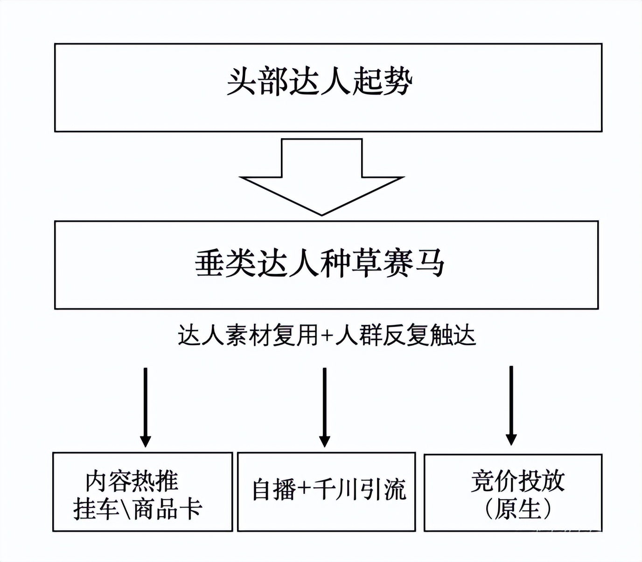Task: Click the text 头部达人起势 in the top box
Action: click(x=320, y=83)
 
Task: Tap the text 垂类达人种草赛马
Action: click(x=320, y=264)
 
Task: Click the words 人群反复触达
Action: click(x=405, y=336)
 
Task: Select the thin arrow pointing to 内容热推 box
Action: click(x=145, y=406)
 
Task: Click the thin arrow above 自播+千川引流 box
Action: click(x=325, y=406)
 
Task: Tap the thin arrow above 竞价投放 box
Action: click(x=511, y=405)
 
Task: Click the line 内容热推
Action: click(x=132, y=481)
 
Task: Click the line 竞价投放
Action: click(x=518, y=481)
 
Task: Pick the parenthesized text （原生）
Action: click(x=518, y=509)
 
